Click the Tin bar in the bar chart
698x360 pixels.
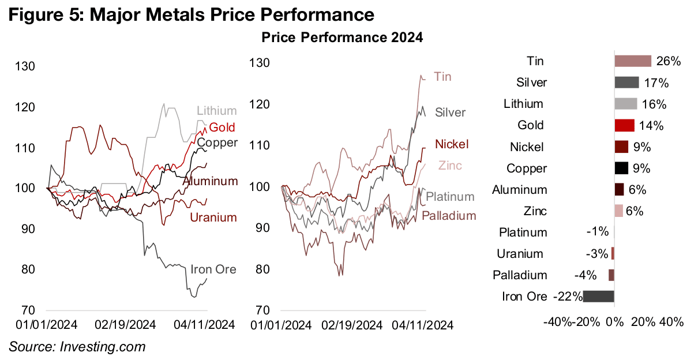tap(633, 61)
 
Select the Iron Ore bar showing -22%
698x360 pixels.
tap(599, 297)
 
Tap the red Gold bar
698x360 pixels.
tap(625, 125)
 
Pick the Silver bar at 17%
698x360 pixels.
tap(626, 82)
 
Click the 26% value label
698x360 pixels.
tap(669, 61)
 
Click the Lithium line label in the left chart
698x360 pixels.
tap(217, 111)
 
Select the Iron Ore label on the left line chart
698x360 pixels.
tap(213, 269)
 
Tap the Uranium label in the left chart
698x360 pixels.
tap(213, 217)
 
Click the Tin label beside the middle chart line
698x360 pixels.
tap(442, 77)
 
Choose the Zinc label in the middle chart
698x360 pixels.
tap(450, 166)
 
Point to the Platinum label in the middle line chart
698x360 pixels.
tap(450, 197)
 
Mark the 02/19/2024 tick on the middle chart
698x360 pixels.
tap(352, 325)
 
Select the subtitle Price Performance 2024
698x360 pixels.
tap(342, 38)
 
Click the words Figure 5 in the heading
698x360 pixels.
tap(43, 13)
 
